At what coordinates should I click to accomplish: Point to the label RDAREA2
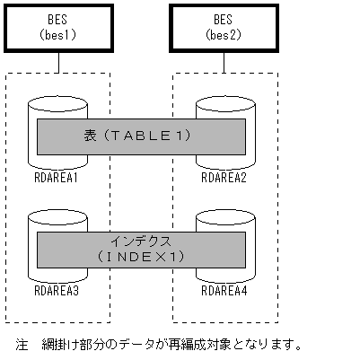tap(224, 177)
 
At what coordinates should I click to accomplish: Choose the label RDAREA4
tap(224, 290)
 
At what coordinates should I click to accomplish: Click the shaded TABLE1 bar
tap(140, 136)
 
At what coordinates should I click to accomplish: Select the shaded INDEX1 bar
tap(140, 249)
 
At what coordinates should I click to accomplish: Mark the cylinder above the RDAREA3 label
tap(56, 221)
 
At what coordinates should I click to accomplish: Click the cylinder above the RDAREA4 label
tap(223, 221)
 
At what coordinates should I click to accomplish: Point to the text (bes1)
tap(58, 33)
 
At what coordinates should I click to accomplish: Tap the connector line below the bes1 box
tap(58, 62)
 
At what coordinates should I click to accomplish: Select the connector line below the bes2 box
tap(224, 62)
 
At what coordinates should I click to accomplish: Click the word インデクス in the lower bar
tap(140, 241)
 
